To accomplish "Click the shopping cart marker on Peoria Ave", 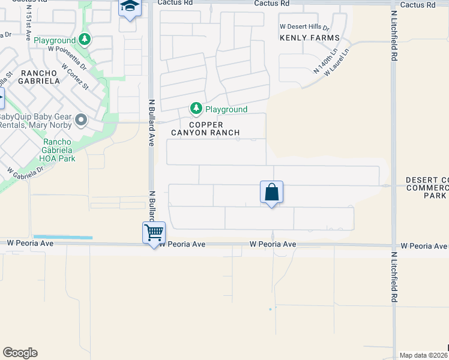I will (x=154, y=232).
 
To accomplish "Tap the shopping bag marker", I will (x=271, y=193).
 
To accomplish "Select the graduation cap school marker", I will (x=129, y=7).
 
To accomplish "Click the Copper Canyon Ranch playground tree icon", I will (x=196, y=109).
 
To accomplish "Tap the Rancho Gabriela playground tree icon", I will (x=85, y=40).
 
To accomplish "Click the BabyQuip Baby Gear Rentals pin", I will (x=81, y=121).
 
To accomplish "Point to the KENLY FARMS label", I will (x=309, y=38).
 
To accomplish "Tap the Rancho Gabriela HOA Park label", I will (x=59, y=151).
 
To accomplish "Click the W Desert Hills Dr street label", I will (x=305, y=28).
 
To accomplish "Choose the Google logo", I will (x=20, y=353).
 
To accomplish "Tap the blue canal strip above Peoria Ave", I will (x=63, y=238).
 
